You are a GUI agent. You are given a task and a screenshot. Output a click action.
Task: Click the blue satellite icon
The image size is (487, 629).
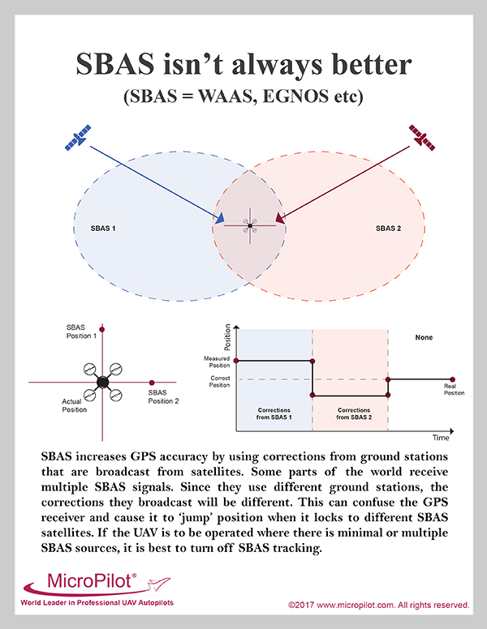(x=78, y=138)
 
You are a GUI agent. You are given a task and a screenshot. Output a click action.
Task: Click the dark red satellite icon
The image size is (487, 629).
(x=421, y=138)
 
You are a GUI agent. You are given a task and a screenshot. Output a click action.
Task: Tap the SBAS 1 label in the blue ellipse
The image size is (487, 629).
(x=103, y=229)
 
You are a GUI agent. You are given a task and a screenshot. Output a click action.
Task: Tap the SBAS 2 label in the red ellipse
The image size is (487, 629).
(x=388, y=229)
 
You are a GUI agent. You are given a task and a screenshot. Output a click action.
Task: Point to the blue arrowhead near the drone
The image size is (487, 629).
(x=219, y=219)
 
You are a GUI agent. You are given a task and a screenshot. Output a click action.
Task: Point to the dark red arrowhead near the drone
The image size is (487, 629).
(x=280, y=218)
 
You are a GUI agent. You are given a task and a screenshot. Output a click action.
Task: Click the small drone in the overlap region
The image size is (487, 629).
(x=250, y=226)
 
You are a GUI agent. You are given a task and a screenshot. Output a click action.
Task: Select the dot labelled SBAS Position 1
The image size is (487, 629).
(x=102, y=329)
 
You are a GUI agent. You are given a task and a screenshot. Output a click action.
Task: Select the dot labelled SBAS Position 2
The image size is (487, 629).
(x=152, y=383)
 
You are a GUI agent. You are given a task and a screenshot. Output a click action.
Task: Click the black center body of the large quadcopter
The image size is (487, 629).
(x=103, y=382)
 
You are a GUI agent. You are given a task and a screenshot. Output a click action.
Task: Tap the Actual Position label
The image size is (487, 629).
(x=74, y=405)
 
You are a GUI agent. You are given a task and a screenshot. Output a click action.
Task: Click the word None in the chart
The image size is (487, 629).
(x=424, y=337)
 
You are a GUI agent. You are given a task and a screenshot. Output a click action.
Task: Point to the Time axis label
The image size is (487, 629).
(x=441, y=438)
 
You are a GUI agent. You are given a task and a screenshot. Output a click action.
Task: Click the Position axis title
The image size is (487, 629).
(x=227, y=337)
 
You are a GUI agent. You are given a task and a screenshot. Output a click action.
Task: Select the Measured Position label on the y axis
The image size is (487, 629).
(x=217, y=362)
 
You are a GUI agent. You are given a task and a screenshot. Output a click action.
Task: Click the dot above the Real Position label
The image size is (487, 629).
(x=452, y=379)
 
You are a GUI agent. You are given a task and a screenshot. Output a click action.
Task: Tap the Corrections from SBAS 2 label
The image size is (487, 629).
(x=354, y=413)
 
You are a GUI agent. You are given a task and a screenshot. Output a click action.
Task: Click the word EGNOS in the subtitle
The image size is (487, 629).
(x=295, y=96)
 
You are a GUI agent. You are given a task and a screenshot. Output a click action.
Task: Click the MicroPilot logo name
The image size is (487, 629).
(x=89, y=580)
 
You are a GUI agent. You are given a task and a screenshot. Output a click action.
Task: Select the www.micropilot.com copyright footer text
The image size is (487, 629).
(x=378, y=605)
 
